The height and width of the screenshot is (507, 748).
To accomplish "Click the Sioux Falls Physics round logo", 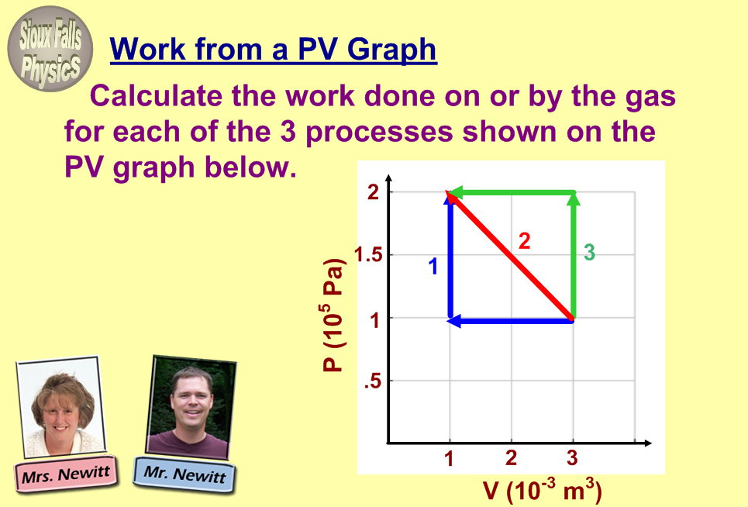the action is coord(50,49).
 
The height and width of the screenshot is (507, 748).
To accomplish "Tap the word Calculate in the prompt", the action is coord(156,96).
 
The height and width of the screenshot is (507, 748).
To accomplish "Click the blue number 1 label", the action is coord(433,266).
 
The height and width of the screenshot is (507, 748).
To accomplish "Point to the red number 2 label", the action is coord(524,241).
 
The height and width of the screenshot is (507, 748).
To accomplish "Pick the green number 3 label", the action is coord(590,252).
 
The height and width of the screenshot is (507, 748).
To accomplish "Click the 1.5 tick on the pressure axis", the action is coord(369,255).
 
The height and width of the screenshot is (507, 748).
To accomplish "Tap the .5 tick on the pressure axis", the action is coord(373,381).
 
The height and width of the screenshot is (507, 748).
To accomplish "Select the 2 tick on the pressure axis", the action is coord(373,192).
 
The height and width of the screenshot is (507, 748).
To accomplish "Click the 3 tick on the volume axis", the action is coord(573,458).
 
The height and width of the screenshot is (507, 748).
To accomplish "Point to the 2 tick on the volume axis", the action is coord(511,458).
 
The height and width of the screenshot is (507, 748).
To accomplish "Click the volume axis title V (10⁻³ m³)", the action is coord(542,490).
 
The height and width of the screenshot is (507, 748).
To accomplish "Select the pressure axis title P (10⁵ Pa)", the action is coord(333,315).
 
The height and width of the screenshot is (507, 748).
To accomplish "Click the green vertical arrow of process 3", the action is coord(574,255).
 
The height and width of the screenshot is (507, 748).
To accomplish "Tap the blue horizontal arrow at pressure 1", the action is coord(511,321).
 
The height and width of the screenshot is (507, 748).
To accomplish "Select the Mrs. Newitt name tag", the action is coord(66,474).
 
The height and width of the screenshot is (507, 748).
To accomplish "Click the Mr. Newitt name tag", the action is coord(184,474).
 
